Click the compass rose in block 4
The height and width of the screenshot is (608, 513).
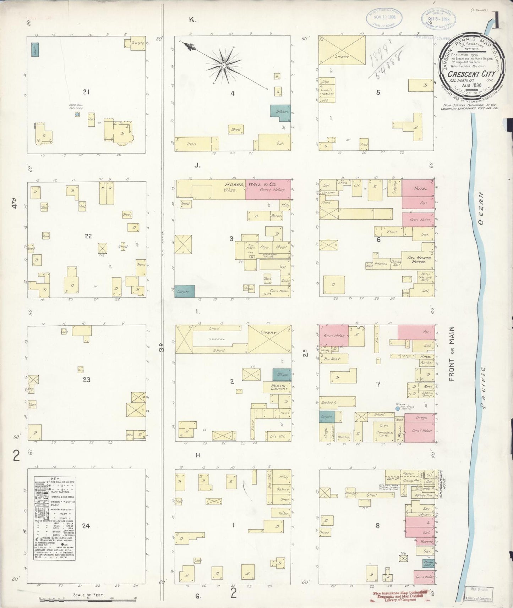tap(224, 66)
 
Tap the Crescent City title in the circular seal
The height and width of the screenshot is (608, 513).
tap(468, 74)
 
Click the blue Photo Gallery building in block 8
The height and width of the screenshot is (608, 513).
tap(428, 563)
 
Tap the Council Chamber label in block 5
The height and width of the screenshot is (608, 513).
tap(327, 92)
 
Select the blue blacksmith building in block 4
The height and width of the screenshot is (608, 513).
tap(280, 111)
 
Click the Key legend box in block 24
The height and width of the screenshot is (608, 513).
tap(55, 518)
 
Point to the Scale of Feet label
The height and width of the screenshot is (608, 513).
tap(89, 595)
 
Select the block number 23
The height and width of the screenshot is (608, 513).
tap(86, 380)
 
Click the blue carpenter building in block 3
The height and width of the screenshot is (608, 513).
tap(184, 291)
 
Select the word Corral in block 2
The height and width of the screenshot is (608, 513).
tap(219, 339)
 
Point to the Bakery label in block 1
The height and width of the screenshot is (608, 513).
tap(283, 489)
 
